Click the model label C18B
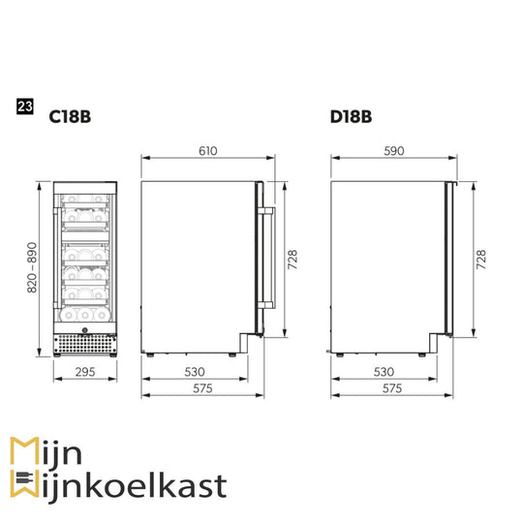click(70, 117)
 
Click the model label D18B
click(351, 117)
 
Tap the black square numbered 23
click(25, 107)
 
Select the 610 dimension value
click(208, 151)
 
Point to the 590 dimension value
click(394, 151)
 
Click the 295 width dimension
click(85, 372)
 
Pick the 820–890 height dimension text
click(32, 267)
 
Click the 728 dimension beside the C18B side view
click(292, 260)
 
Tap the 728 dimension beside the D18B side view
click(481, 260)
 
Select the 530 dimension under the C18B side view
click(195, 372)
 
